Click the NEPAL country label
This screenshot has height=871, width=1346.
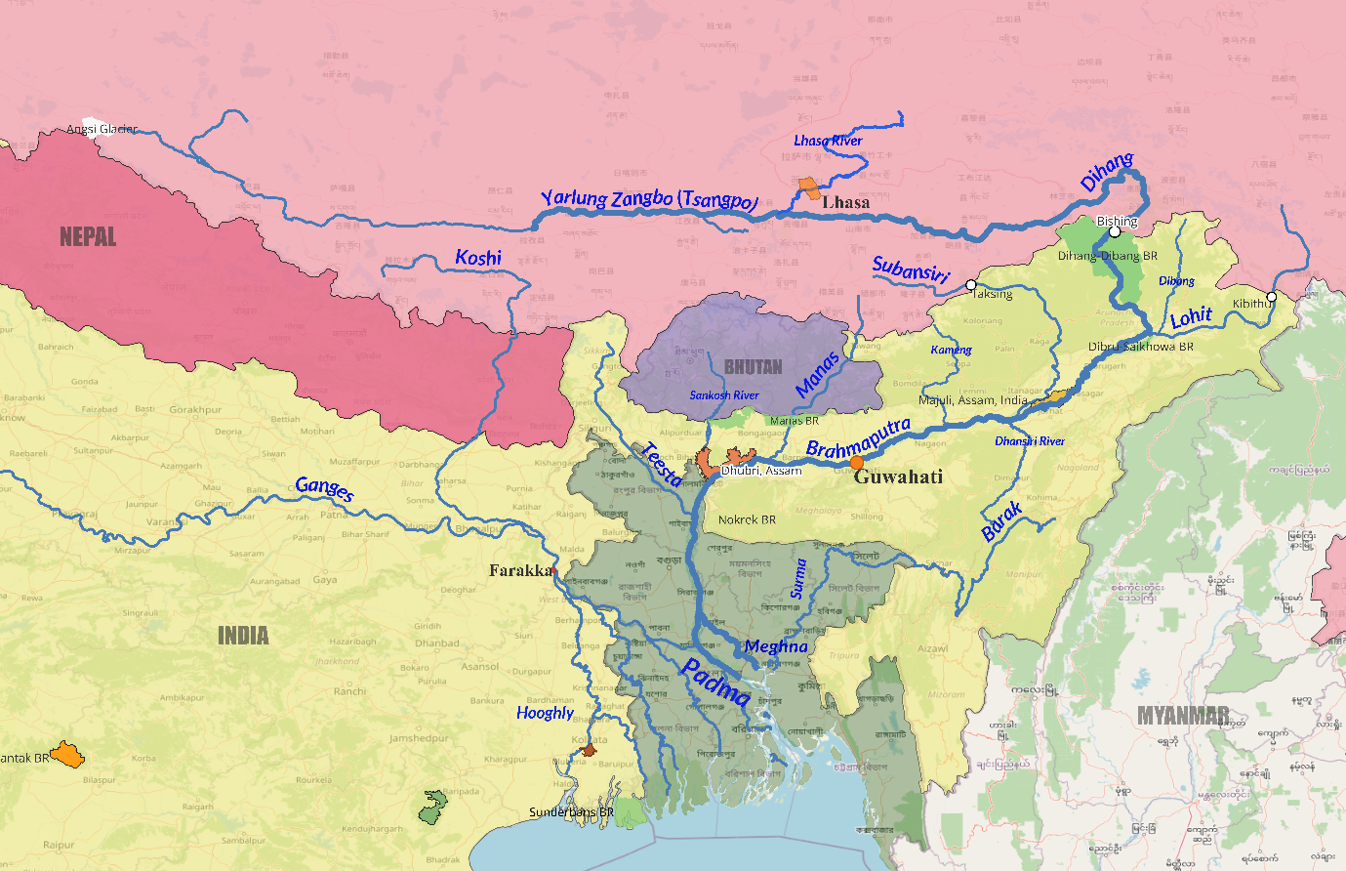[88, 236]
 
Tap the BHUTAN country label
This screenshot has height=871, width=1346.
[753, 367]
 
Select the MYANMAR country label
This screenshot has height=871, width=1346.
[1182, 716]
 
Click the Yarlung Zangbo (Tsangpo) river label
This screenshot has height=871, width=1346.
[649, 198]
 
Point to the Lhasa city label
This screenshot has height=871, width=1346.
[845, 202]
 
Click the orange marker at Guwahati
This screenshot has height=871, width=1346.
[856, 462]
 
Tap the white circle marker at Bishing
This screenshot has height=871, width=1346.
[1115, 232]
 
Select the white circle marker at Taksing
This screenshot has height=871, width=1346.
[970, 285]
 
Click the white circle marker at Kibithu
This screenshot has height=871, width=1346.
[1271, 297]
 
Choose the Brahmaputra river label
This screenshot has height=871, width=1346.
[858, 437]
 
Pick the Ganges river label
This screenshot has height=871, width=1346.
[324, 487]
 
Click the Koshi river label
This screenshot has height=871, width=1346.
[478, 258]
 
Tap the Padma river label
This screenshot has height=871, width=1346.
[715, 682]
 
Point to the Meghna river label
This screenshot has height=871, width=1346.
[776, 646]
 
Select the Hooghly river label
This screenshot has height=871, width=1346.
[545, 713]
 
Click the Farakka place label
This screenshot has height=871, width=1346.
[519, 570]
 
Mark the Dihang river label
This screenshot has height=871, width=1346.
[1107, 172]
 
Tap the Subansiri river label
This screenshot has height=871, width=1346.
[910, 270]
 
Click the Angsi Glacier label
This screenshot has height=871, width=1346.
[102, 129]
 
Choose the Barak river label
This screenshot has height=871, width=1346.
[1002, 521]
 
